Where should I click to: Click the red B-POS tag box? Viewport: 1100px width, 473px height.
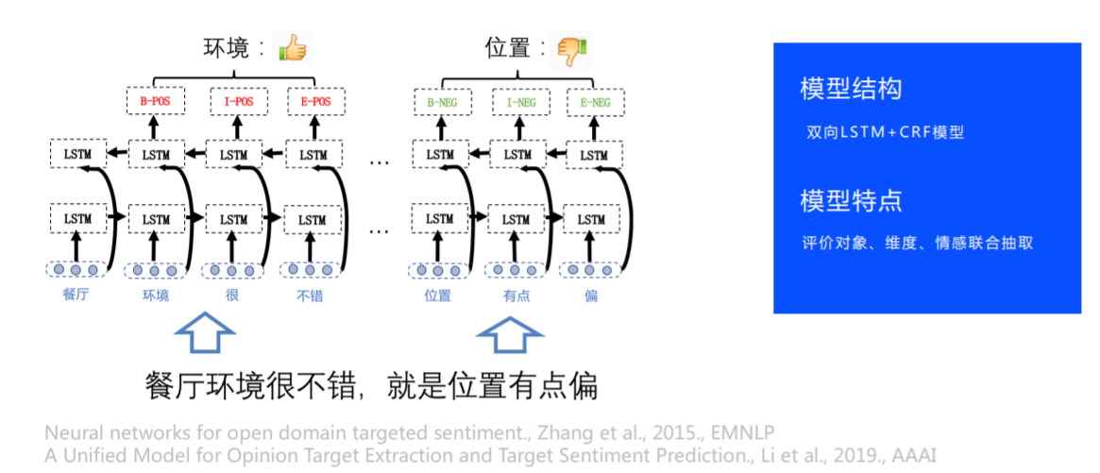point(156,102)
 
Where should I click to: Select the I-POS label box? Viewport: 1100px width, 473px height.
point(239,102)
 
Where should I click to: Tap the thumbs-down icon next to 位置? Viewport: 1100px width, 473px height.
point(570,49)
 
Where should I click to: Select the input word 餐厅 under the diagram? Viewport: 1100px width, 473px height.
point(76,296)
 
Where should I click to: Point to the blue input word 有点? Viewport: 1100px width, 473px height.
point(517,296)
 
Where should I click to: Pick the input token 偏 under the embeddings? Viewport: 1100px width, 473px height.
point(591,296)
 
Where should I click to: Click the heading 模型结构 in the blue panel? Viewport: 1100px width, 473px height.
point(851,89)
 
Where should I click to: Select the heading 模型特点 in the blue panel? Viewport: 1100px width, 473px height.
point(851,201)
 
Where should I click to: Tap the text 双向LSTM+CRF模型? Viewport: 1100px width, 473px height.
point(885,132)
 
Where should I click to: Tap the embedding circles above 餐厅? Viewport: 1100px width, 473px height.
point(76,269)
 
